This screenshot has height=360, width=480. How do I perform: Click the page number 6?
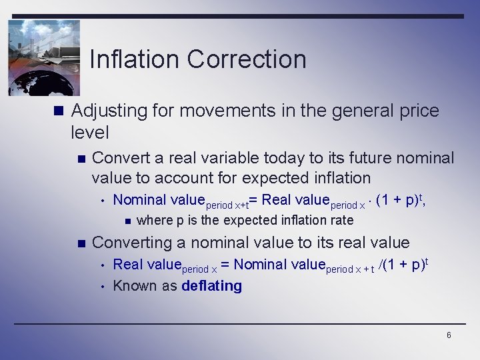(449, 335)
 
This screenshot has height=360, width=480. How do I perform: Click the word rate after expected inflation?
(341, 221)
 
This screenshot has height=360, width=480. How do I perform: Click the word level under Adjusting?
(89, 133)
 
